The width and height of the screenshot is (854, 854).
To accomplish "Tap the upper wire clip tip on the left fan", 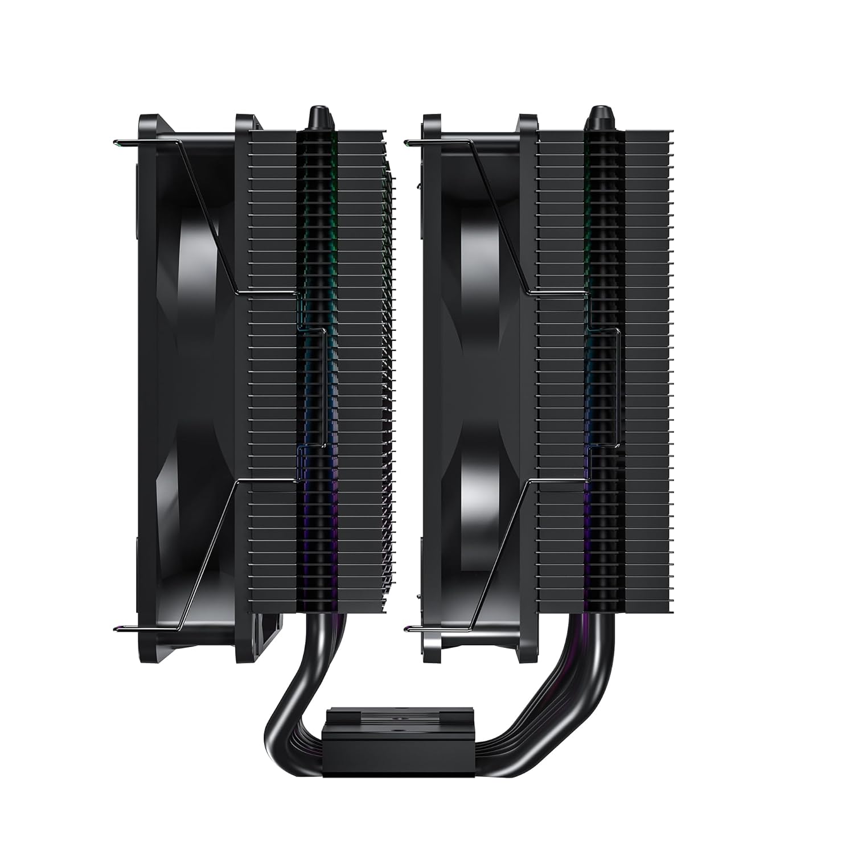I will coord(117,142).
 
